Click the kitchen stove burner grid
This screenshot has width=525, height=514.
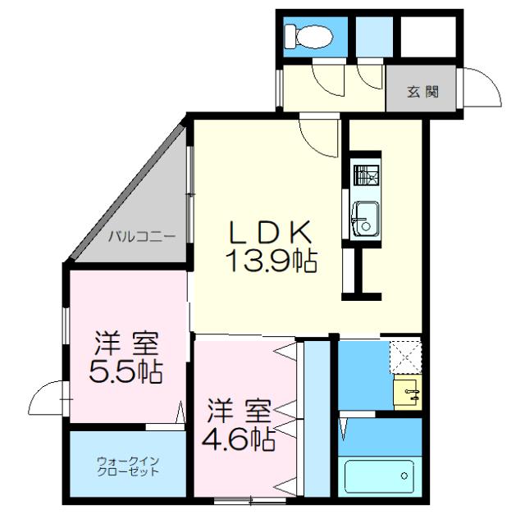[x=365, y=175]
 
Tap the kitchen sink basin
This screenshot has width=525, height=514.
[x=365, y=217]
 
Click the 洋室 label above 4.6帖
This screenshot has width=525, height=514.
[x=239, y=408]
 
